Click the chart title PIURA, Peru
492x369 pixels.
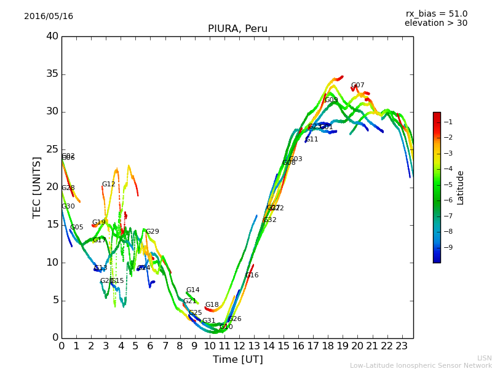click(x=237, y=29)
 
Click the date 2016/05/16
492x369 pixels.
click(x=49, y=17)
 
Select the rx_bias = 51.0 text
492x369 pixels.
click(x=436, y=14)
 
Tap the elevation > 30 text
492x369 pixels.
click(x=436, y=23)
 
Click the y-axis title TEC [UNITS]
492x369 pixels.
click(x=37, y=188)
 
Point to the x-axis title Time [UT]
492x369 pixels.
click(x=237, y=359)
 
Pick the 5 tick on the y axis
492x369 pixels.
click(x=54, y=300)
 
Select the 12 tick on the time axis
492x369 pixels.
click(x=239, y=346)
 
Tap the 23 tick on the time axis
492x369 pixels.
click(x=402, y=346)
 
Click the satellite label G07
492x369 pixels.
click(x=358, y=85)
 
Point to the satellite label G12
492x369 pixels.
click(x=109, y=184)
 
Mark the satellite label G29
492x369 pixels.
click(x=153, y=232)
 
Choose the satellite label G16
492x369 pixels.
click(x=252, y=276)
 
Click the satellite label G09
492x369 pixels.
click(x=331, y=100)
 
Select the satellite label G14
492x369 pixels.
click(x=193, y=290)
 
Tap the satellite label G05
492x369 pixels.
click(x=77, y=228)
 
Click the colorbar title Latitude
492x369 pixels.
click(x=461, y=188)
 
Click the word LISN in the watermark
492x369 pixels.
click(x=484, y=358)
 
